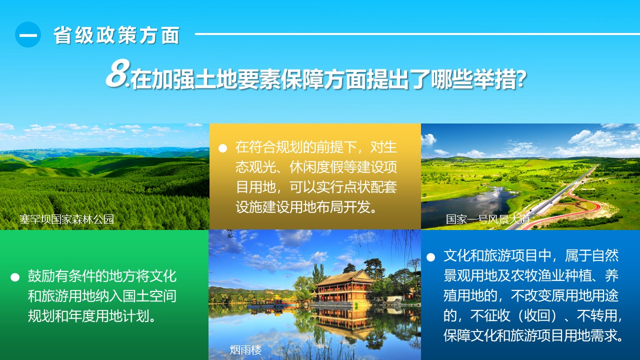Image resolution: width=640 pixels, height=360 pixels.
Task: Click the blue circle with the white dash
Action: tap(27, 34)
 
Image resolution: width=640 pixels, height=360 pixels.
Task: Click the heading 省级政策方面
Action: tap(116, 35)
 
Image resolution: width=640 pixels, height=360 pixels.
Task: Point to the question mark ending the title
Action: tap(521, 79)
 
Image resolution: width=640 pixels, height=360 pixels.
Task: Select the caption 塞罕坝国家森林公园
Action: tap(66, 219)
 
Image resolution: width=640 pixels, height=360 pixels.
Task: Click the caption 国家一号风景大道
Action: tap(487, 219)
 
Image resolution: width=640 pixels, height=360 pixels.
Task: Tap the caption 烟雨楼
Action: tap(245, 350)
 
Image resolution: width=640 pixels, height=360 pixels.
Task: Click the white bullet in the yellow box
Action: tap(222, 148)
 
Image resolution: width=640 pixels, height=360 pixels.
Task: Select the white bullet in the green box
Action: tap(15, 277)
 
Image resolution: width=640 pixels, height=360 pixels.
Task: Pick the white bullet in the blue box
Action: tap(430, 257)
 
